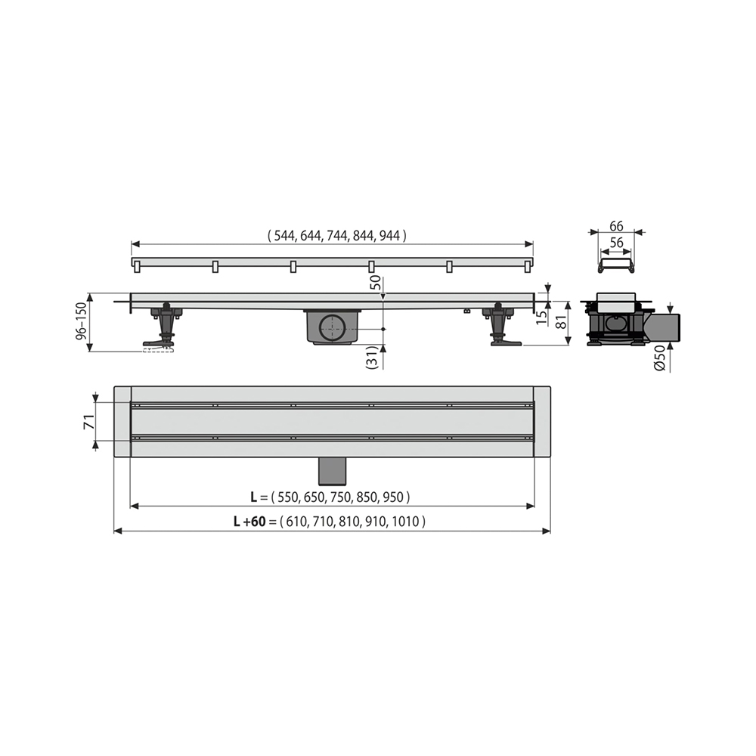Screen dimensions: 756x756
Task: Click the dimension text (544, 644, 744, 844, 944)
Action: click(337, 235)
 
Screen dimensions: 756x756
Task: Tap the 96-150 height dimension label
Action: click(80, 323)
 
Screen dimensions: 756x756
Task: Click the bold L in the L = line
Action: click(255, 497)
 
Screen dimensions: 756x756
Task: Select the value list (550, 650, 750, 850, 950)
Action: click(342, 497)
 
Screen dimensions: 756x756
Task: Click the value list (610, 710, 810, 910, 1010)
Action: click(352, 521)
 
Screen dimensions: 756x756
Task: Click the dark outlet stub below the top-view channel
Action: click(332, 472)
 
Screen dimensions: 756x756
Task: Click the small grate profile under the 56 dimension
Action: click(616, 265)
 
